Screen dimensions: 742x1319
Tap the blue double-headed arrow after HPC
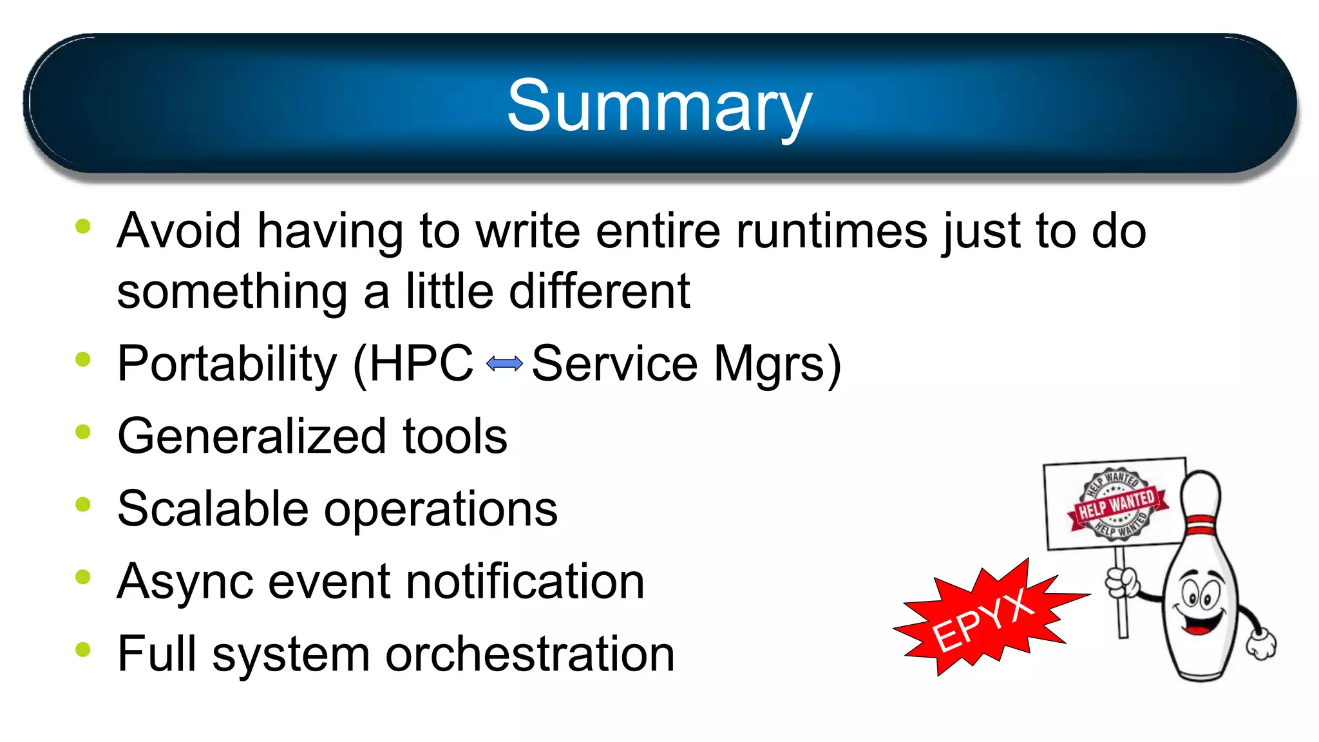tap(504, 364)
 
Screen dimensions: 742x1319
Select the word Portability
tap(227, 364)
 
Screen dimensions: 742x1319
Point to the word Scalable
tap(213, 509)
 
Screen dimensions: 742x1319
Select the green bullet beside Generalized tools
tap(83, 432)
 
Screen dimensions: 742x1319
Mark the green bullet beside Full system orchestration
tap(83, 649)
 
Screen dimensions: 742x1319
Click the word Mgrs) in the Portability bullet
tap(777, 364)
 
